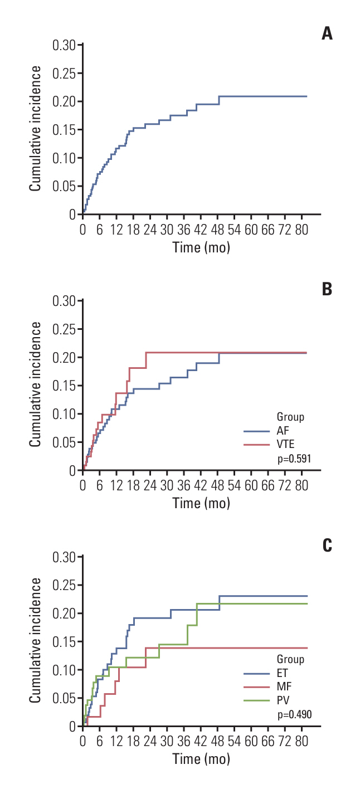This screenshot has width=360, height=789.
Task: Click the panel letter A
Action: (x=327, y=34)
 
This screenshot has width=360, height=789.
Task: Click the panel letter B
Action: (x=327, y=289)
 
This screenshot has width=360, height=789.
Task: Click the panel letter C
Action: (x=327, y=545)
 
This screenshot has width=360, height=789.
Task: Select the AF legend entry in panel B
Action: (x=283, y=431)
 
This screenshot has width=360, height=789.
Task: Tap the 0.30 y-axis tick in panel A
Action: (x=65, y=45)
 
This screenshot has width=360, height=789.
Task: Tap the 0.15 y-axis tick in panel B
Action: (x=65, y=386)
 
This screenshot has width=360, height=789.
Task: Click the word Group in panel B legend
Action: (x=290, y=417)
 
